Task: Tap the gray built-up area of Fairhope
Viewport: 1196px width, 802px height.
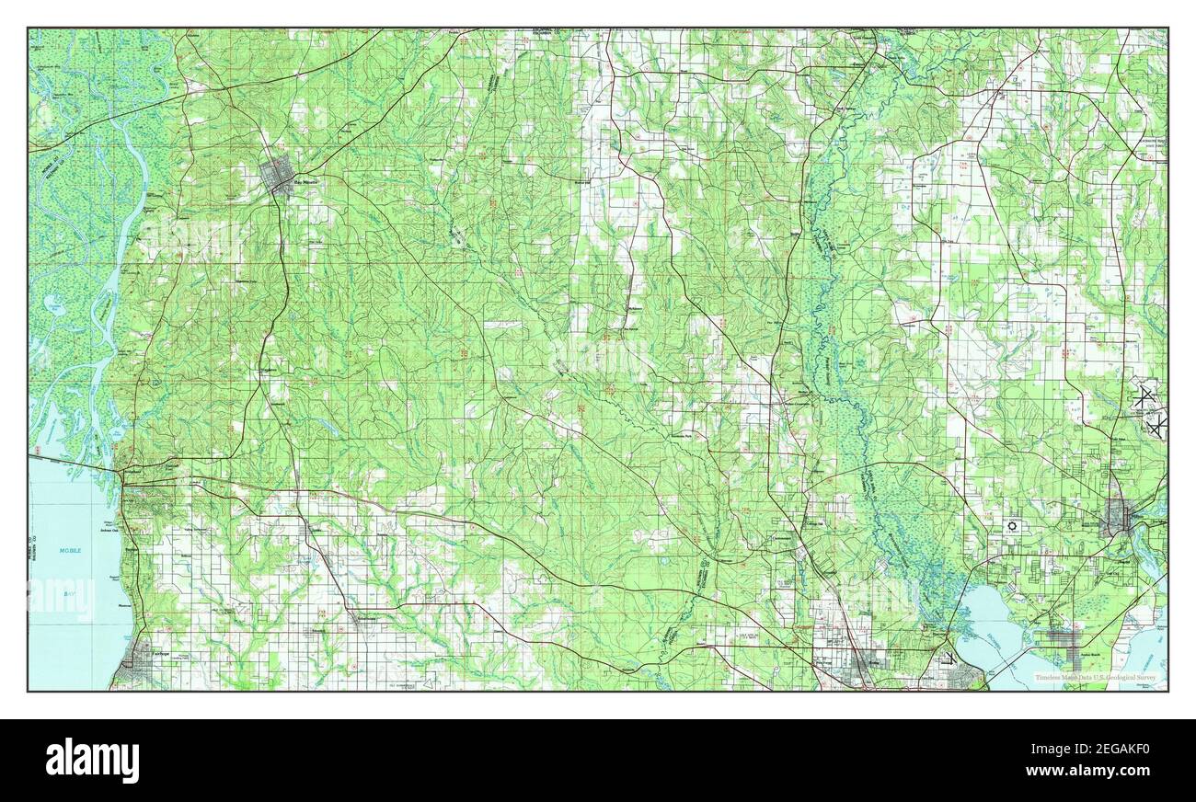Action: (x=140, y=655)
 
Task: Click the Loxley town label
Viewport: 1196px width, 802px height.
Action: (x=316, y=531)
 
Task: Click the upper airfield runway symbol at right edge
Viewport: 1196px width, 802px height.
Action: (x=1143, y=397)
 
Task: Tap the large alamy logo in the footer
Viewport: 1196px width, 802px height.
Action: (x=92, y=760)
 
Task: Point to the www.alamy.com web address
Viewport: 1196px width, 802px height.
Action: (x=1098, y=772)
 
